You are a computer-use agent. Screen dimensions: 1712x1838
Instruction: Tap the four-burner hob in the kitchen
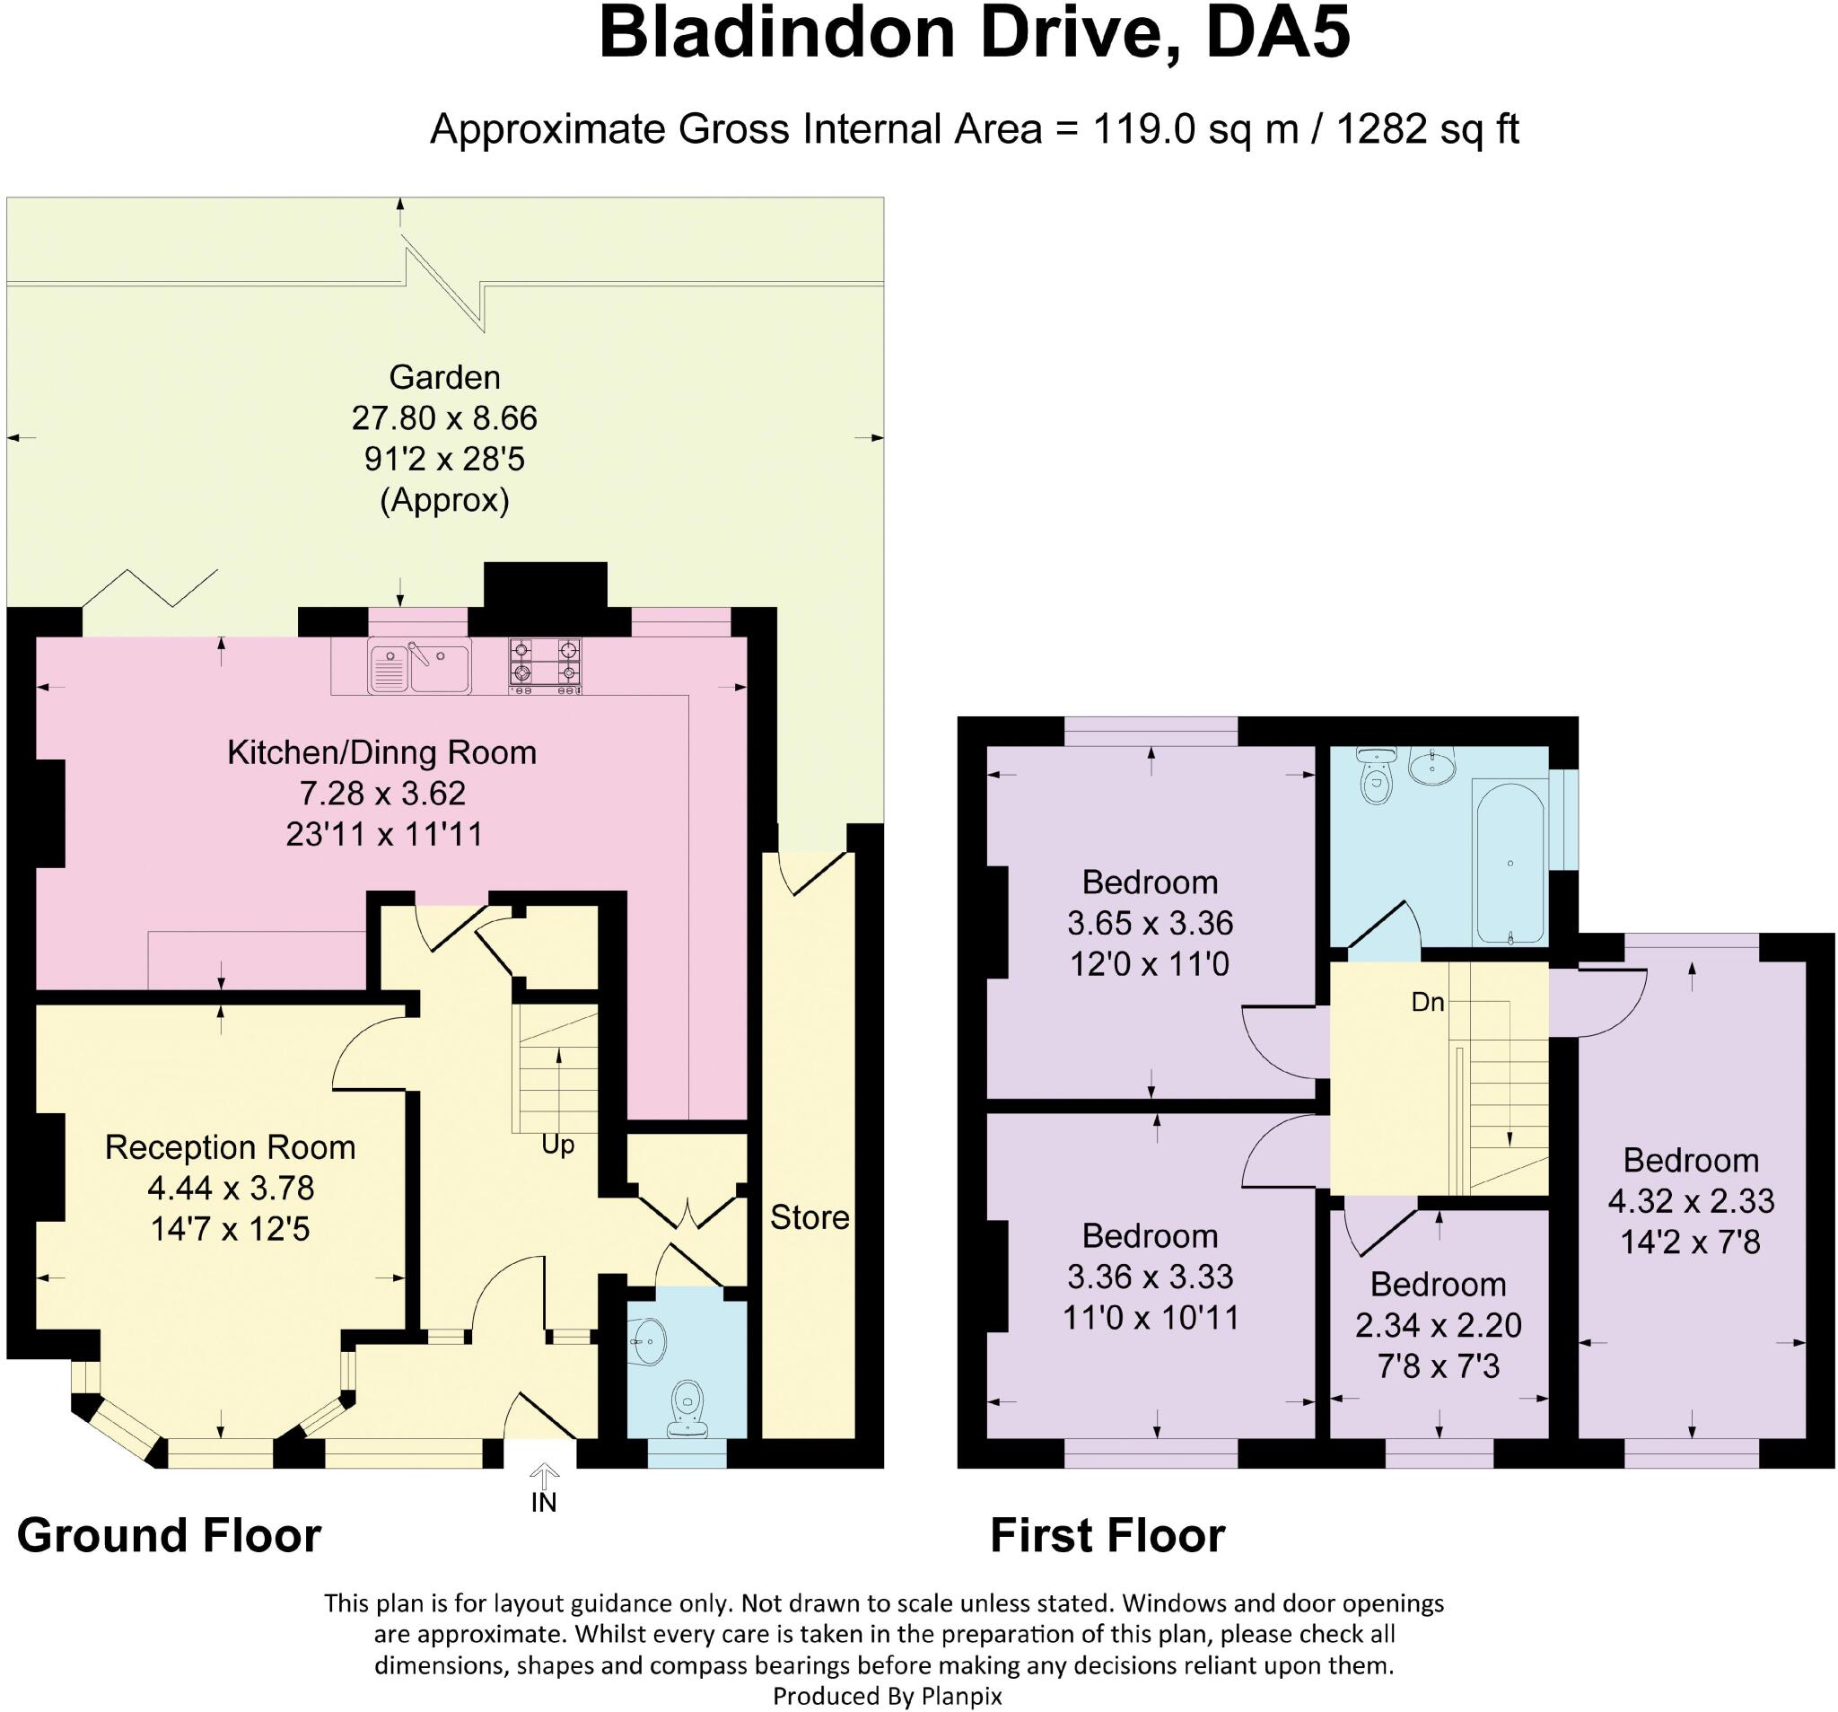tap(546, 666)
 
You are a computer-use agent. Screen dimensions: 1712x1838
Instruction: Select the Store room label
tap(809, 1218)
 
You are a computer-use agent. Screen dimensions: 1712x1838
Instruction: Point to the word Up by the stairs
tap(557, 1145)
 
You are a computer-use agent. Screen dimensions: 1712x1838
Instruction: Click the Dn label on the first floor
tap(1428, 1002)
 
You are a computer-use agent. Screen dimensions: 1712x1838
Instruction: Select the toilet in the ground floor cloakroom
tap(687, 1407)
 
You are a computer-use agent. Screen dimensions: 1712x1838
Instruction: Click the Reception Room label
tap(231, 1147)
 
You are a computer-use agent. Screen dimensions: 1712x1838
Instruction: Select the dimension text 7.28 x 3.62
tap(381, 794)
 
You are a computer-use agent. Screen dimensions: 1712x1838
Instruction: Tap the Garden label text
tap(445, 377)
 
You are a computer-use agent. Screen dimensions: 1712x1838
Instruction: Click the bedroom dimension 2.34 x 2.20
tap(1438, 1325)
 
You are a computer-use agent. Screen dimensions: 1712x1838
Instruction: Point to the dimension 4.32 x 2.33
tap(1691, 1200)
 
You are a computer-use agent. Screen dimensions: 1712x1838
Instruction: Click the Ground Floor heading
tap(170, 1535)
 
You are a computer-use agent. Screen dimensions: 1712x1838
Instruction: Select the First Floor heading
tap(1107, 1535)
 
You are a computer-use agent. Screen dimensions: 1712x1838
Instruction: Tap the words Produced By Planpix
tap(887, 1695)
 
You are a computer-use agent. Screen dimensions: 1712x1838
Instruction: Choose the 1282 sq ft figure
tap(1428, 129)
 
